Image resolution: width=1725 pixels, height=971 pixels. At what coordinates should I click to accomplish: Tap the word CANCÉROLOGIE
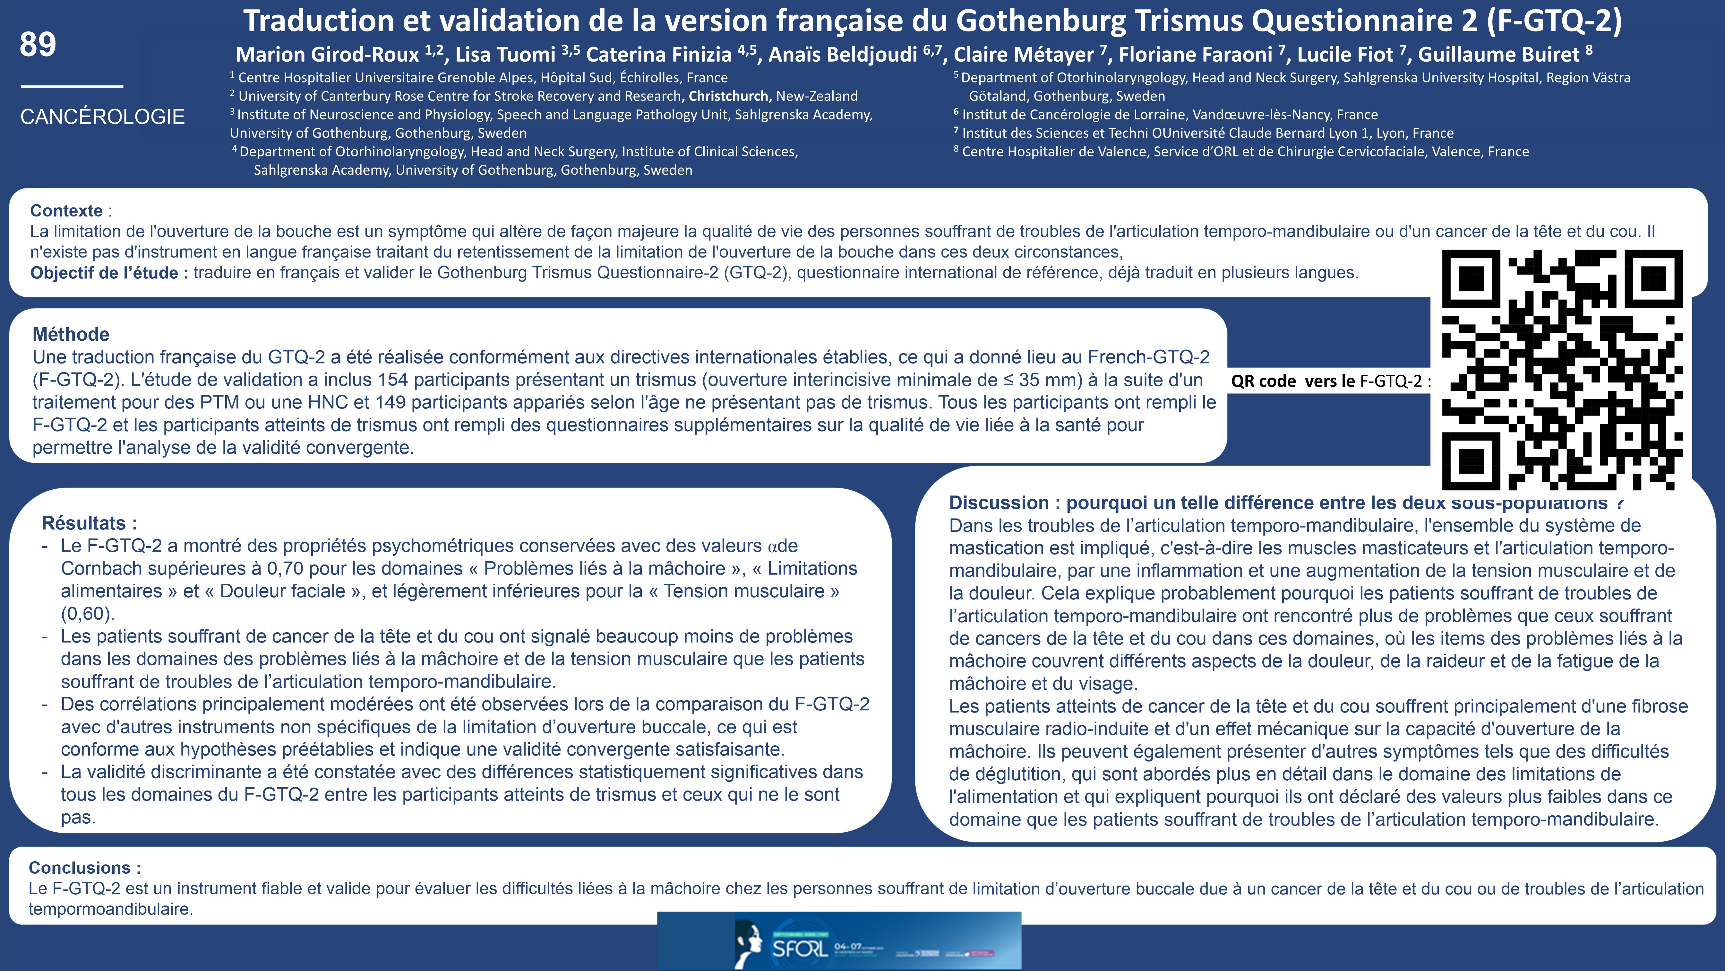tap(102, 117)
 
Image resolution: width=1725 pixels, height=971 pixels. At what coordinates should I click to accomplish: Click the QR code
tap(1562, 370)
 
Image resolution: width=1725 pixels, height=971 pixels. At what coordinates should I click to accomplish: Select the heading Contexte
tap(66, 210)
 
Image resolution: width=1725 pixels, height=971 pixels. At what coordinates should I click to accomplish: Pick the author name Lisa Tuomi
tap(506, 54)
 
